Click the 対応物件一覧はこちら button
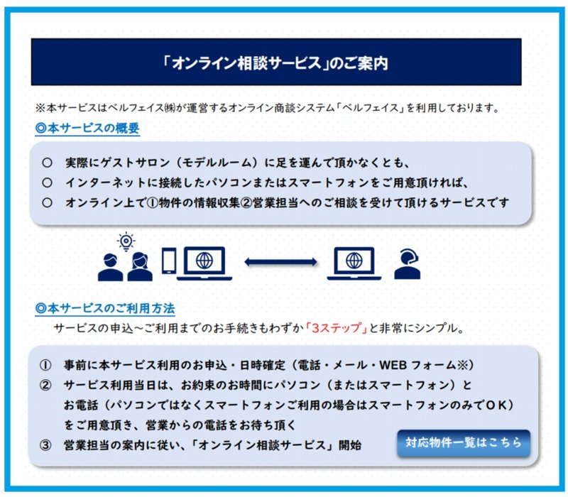pyautogui.click(x=464, y=443)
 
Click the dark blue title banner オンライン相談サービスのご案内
pyautogui.click(x=276, y=62)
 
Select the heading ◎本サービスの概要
pyautogui.click(x=87, y=129)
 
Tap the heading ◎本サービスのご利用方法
pyautogui.click(x=105, y=308)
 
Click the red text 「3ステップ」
pyautogui.click(x=337, y=328)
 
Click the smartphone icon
pyautogui.click(x=169, y=261)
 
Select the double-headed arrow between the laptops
pyautogui.click(x=280, y=262)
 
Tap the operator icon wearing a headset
pyautogui.click(x=408, y=263)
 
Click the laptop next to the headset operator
pyautogui.click(x=354, y=263)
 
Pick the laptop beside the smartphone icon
pyautogui.click(x=204, y=263)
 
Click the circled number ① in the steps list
pyautogui.click(x=45, y=365)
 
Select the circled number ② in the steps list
pyautogui.click(x=45, y=385)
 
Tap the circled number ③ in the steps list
pyautogui.click(x=45, y=445)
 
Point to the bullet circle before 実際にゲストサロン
pyautogui.click(x=47, y=163)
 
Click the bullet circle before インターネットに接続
pyautogui.click(x=47, y=182)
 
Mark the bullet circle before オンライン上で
pyautogui.click(x=47, y=202)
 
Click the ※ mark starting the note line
pyautogui.click(x=40, y=108)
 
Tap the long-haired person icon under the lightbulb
pyautogui.click(x=140, y=267)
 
